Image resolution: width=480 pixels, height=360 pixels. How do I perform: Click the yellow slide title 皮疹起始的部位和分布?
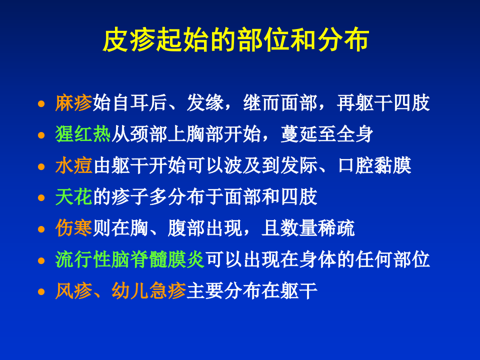(x=235, y=41)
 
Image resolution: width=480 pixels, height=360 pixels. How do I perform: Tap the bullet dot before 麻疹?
(x=42, y=104)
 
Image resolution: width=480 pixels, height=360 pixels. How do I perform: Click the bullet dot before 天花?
(x=42, y=198)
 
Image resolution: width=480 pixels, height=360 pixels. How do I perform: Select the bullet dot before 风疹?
(x=42, y=291)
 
